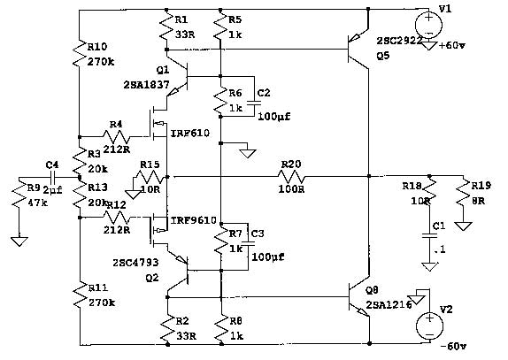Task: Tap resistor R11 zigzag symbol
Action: tap(80, 291)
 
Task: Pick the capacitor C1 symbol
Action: tap(429, 235)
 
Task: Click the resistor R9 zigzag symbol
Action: tap(18, 203)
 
